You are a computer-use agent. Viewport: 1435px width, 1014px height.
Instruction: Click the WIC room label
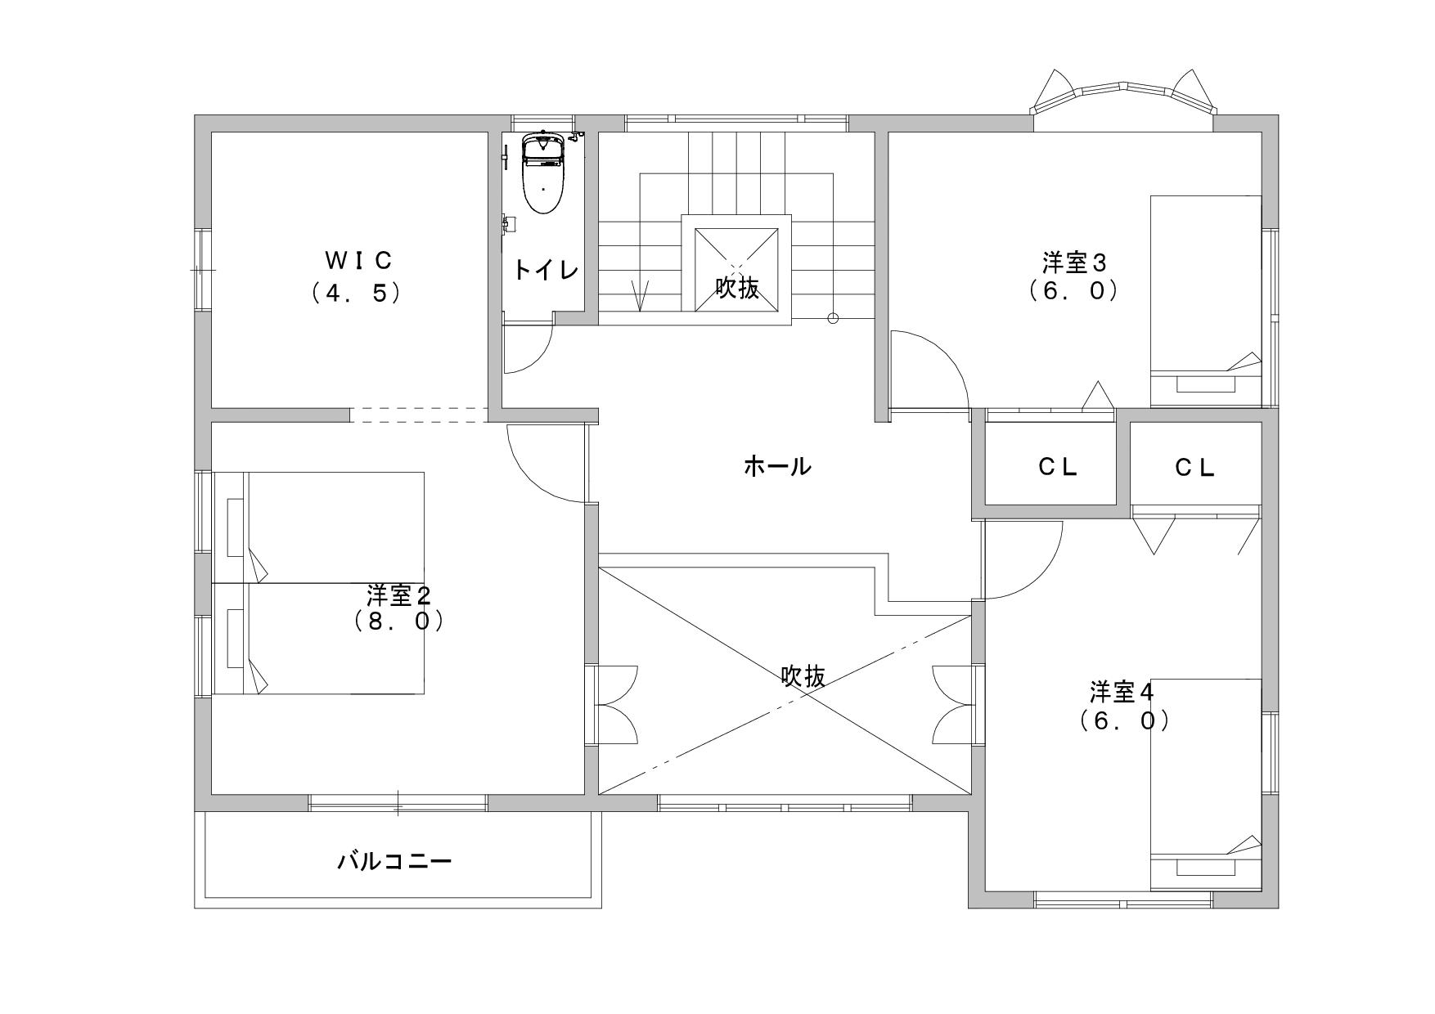359,260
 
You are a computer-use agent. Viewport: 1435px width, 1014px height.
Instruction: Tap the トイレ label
546,270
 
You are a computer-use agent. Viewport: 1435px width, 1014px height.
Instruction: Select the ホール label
777,466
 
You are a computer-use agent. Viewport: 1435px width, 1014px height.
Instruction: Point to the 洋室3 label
1073,263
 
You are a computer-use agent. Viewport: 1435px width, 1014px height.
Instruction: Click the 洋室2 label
399,594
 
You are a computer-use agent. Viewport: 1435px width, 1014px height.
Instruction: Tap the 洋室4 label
1122,692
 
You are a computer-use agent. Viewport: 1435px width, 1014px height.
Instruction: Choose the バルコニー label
395,861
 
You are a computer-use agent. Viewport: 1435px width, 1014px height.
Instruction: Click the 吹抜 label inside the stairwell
737,287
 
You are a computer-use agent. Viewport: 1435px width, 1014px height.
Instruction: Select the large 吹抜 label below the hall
803,676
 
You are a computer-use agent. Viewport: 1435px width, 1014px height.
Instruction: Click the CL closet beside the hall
1058,466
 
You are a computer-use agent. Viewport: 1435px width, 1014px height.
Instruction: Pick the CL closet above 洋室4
1195,466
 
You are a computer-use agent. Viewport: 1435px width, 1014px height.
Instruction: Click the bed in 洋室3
1206,301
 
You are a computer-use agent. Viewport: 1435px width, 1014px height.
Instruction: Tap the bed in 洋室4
1206,784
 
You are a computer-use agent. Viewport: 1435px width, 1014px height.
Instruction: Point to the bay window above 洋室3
1124,97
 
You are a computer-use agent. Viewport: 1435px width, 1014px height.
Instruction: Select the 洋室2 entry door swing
547,463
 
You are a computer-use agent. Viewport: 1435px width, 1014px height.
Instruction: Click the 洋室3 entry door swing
929,369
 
